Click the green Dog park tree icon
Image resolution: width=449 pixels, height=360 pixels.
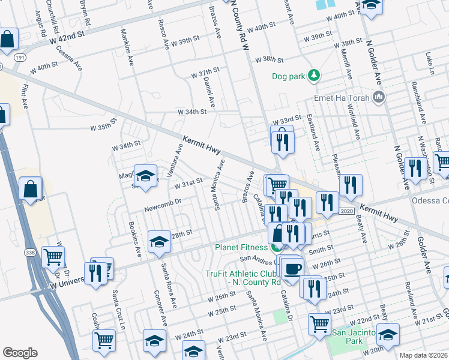coord(313,76)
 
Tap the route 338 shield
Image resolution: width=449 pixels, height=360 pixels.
coord(30,253)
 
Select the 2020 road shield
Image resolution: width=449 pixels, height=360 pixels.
coord(346,211)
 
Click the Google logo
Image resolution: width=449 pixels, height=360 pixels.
coord(20,353)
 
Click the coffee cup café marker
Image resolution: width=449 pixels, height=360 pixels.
coord(292,268)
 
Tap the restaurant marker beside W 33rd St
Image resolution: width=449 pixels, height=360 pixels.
coord(282,142)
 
